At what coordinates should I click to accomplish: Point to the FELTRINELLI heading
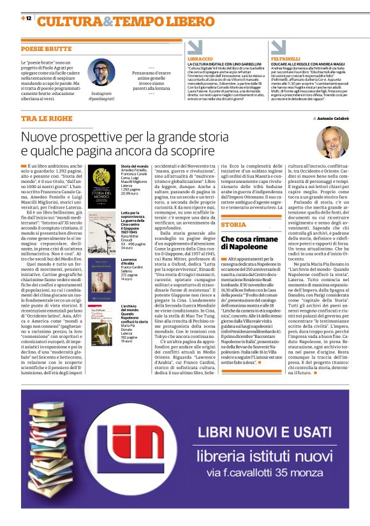tap(286, 59)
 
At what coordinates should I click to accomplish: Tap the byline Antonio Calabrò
tap(330, 119)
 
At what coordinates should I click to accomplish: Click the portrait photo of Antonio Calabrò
tap(332, 142)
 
